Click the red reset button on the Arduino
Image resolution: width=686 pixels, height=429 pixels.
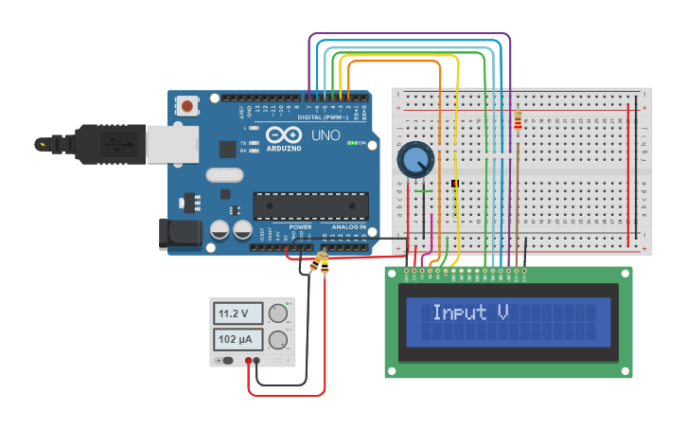click(x=188, y=106)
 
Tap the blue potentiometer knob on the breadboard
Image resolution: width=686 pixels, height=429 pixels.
click(x=414, y=159)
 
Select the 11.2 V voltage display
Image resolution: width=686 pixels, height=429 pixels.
click(x=237, y=313)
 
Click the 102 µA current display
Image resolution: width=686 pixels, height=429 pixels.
click(x=237, y=339)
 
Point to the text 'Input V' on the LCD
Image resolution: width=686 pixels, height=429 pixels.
click(x=470, y=312)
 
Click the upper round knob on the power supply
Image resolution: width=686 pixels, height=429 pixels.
click(x=278, y=313)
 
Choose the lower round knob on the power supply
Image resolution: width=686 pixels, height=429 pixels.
click(x=278, y=340)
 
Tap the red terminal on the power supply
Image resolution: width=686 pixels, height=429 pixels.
click(x=249, y=361)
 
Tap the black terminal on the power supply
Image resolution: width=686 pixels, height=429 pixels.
click(x=257, y=361)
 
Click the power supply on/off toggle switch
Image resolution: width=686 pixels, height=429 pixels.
click(x=227, y=361)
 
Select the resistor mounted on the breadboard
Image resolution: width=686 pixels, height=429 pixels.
click(x=517, y=120)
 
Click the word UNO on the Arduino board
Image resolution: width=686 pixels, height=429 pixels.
click(x=325, y=135)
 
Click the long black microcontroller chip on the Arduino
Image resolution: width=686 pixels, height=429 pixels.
click(x=310, y=206)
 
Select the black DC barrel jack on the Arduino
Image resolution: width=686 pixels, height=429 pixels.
click(x=180, y=233)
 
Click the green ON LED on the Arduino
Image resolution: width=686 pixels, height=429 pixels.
click(x=352, y=143)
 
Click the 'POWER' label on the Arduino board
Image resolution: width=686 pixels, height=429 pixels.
click(x=300, y=227)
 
